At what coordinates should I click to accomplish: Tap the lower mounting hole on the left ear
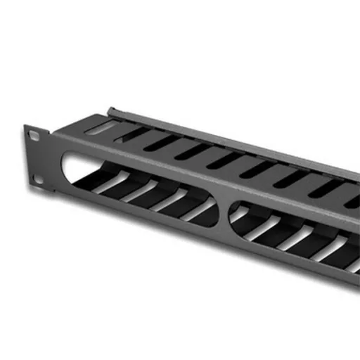click(x=39, y=181)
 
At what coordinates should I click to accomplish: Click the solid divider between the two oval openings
click(x=224, y=211)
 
